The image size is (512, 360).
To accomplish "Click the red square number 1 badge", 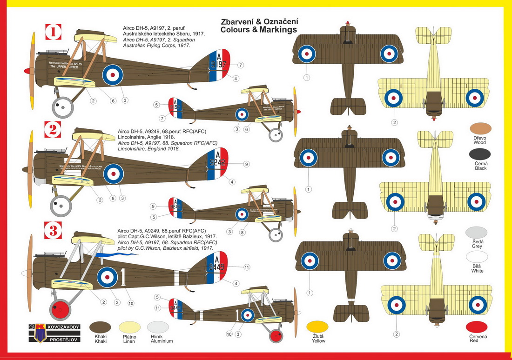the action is coord(54,33).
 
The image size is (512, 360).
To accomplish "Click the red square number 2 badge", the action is coord(54,129).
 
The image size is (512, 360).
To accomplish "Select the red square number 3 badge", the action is coord(54,230).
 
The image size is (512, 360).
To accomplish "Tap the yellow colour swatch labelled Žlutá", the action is coord(318,327).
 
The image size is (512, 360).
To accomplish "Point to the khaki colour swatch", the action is coord(101,327).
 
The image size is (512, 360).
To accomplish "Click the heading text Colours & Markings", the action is coord(259,30).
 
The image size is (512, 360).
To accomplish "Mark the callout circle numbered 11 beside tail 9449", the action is coord(247,267).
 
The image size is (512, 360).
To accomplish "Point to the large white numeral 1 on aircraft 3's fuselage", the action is coord(123,277).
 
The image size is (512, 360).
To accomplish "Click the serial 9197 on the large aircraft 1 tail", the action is coord(218,65).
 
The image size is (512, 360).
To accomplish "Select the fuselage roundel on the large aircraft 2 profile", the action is coord(113,174).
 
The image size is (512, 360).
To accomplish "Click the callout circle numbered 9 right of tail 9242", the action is coord(246,164).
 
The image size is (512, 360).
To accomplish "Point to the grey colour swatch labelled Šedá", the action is coord(476,233).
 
